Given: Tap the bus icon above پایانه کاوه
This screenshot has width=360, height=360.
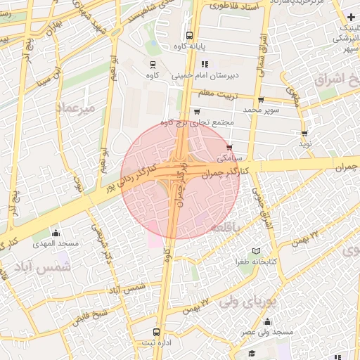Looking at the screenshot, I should pos(188,35).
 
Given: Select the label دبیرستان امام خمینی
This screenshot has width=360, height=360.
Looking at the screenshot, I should pos(226,74).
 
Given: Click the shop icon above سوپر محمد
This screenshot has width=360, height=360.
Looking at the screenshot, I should pos(261,100).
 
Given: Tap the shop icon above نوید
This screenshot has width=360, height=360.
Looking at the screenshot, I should pos(304,133).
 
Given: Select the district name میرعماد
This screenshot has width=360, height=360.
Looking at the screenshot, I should pos(74,107).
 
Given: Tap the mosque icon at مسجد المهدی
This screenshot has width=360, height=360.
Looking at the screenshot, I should pos(56,233).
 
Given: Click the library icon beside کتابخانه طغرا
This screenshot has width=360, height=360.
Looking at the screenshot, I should pos(256,251).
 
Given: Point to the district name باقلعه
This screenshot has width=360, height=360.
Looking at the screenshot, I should pos(226,228).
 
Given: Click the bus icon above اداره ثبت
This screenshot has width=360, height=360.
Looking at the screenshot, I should pos(156,331).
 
